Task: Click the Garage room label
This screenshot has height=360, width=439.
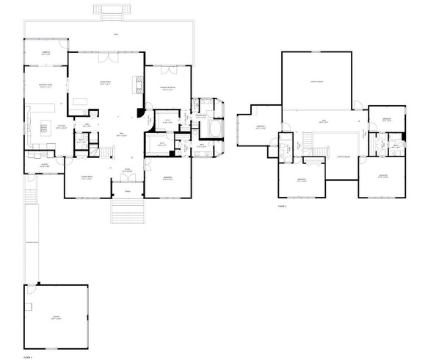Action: (x=55, y=317)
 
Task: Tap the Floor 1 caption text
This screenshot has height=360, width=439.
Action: (x=27, y=356)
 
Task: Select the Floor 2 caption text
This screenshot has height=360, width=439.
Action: (x=283, y=206)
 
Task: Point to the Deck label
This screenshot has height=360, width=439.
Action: (x=116, y=35)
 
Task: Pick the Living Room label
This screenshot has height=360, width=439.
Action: (x=105, y=82)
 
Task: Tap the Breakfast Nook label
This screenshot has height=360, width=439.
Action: (x=45, y=87)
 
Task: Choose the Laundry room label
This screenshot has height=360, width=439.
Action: (x=43, y=165)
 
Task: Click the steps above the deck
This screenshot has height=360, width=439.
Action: (x=108, y=10)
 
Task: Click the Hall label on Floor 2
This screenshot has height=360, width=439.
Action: (x=324, y=121)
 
